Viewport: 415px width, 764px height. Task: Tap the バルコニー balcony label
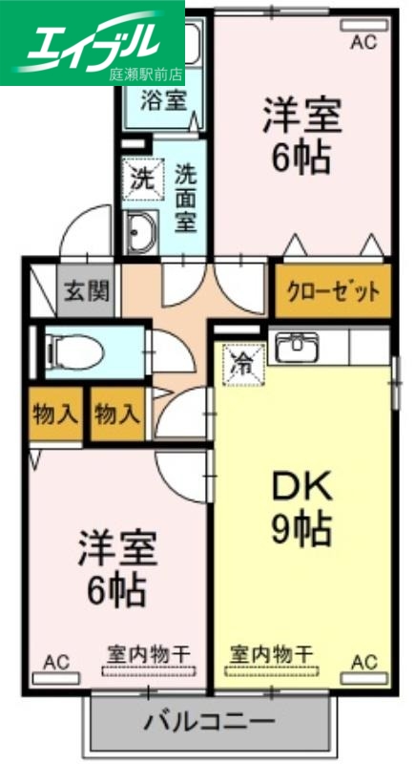(x=209, y=722)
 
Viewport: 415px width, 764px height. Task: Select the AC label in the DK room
(x=364, y=661)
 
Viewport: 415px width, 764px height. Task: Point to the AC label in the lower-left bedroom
(x=56, y=661)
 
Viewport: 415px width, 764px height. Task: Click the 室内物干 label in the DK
(x=271, y=654)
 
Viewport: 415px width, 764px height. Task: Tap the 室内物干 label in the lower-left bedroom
(x=147, y=654)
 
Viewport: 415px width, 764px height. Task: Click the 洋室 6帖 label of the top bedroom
(x=301, y=137)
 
